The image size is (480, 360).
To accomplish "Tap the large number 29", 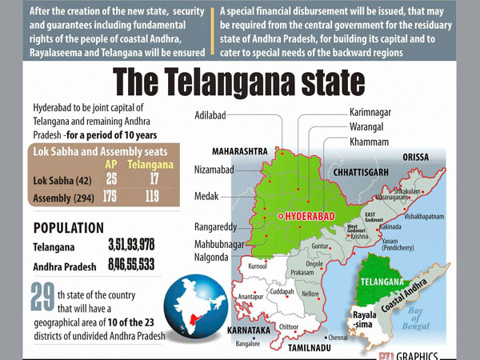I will click(x=42, y=303).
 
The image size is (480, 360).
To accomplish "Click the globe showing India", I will click(x=192, y=307).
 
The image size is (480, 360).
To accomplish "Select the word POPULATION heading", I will click(x=68, y=227).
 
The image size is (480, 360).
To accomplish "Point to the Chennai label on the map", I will click(x=338, y=338).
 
